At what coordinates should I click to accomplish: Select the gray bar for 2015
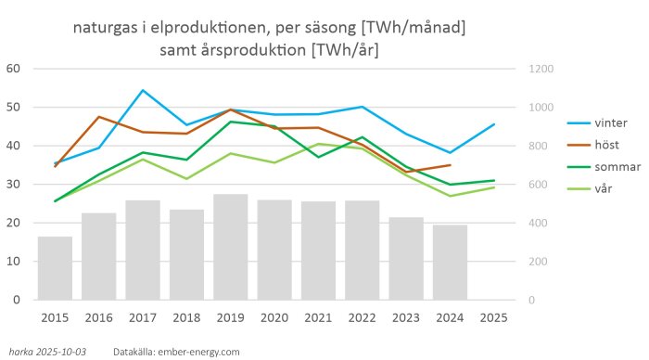coord(55,268)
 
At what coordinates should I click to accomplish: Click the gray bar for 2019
coord(230,247)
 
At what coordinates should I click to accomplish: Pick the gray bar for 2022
coord(362,250)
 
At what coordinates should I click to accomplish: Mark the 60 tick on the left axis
coord(13,69)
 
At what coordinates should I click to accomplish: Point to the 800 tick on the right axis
coord(538,146)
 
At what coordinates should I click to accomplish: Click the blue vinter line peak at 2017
coord(143,90)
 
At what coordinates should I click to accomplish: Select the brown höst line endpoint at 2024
coord(450,165)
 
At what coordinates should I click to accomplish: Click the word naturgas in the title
coord(105,29)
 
